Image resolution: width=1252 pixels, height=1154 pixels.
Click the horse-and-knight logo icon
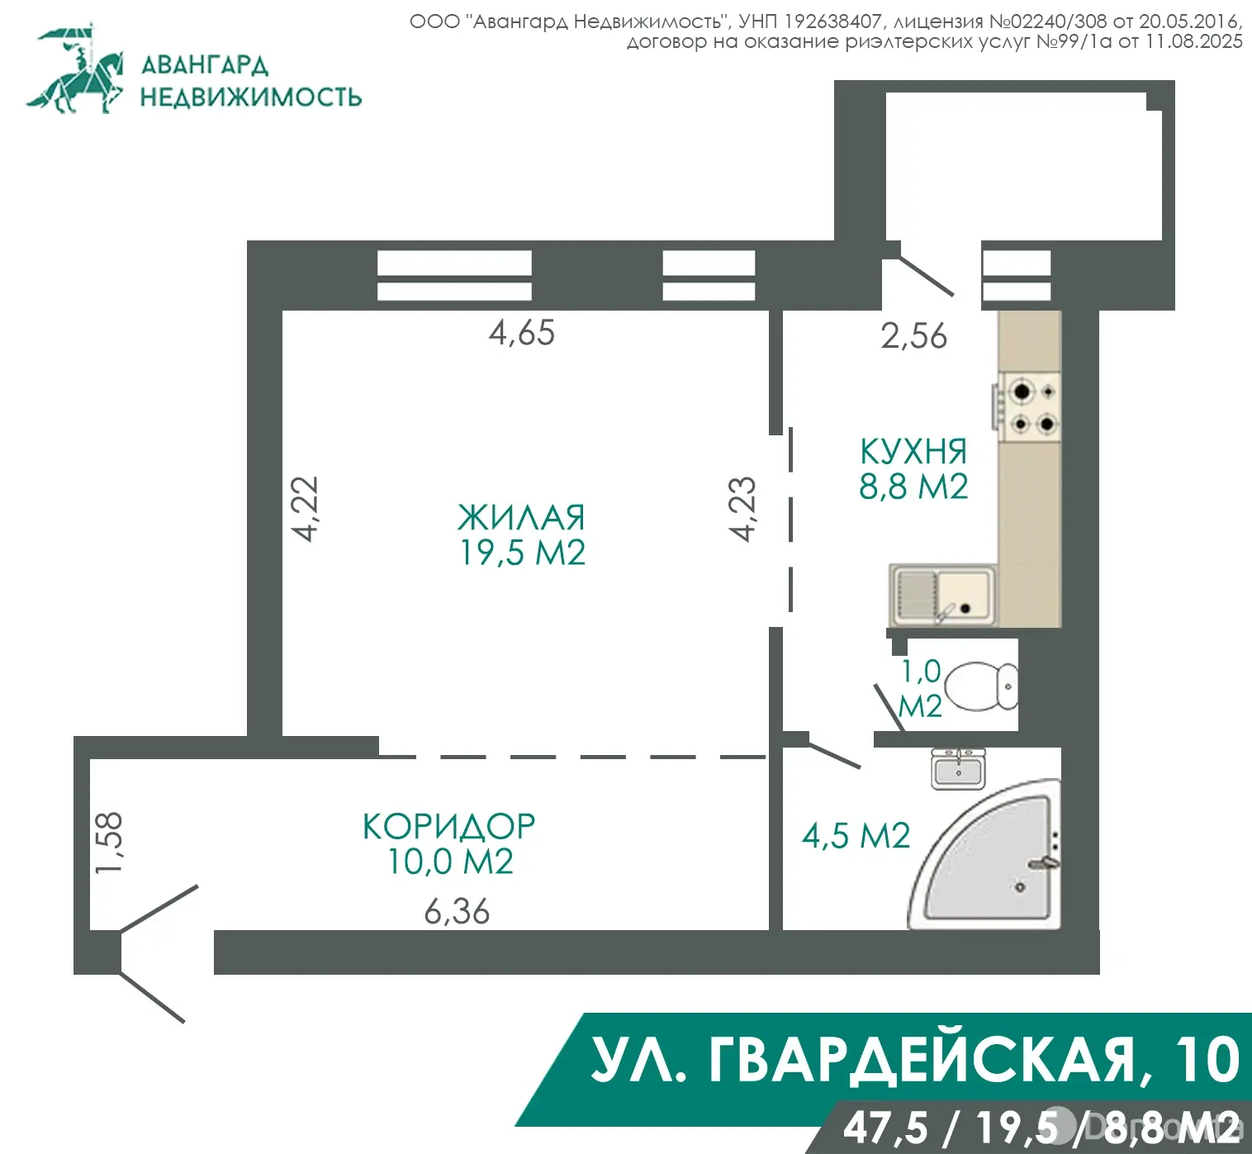tap(76, 69)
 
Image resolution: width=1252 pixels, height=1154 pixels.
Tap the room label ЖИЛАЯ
tap(521, 518)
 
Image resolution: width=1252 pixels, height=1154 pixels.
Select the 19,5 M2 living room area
tap(522, 553)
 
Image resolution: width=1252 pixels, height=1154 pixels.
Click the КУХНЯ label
tap(913, 452)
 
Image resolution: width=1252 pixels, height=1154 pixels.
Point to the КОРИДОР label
tap(448, 826)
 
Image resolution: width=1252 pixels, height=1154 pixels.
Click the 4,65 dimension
tap(521, 333)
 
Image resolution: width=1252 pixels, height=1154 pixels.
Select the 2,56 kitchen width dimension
tap(913, 336)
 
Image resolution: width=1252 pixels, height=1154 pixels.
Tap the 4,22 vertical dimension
tap(306, 509)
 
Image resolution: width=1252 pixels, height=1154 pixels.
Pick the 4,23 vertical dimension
tap(743, 509)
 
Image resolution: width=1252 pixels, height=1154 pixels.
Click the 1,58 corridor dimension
tap(109, 842)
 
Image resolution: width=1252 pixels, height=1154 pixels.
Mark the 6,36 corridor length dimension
tap(457, 912)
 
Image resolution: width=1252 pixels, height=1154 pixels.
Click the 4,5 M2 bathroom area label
tap(856, 836)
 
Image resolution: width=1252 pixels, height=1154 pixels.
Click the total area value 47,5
tap(884, 1128)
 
